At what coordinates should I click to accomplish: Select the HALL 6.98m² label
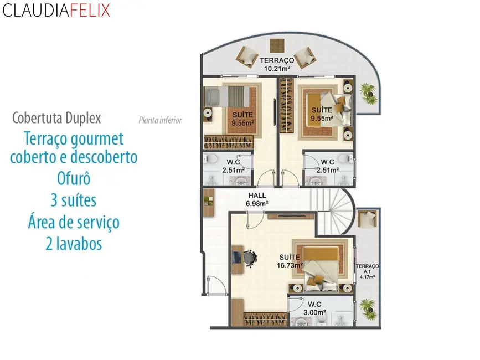[257, 199]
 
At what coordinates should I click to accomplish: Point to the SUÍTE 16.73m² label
[290, 261]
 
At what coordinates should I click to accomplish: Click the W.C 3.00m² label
[314, 308]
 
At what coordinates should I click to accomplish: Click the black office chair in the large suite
[249, 258]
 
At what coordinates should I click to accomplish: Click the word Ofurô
[73, 178]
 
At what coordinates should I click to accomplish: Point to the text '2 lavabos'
[74, 243]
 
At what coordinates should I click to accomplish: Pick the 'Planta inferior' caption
[160, 120]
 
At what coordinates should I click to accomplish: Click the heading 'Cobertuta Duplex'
[56, 118]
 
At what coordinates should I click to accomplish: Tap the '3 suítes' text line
[74, 200]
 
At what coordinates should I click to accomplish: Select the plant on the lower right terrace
[366, 306]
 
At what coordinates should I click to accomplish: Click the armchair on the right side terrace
[367, 219]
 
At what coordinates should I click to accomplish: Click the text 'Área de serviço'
[74, 222]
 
